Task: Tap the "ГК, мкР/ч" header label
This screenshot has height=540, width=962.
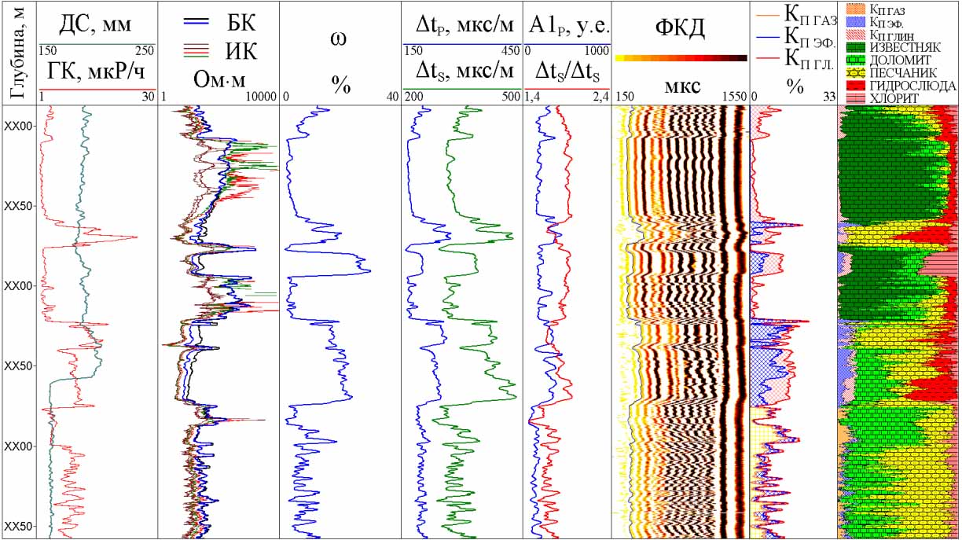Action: tap(97, 73)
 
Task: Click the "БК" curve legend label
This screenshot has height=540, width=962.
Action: tap(242, 18)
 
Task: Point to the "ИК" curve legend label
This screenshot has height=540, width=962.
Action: tap(242, 52)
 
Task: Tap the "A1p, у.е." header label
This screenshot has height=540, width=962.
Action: tap(568, 28)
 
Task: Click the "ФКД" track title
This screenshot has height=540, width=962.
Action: tap(681, 29)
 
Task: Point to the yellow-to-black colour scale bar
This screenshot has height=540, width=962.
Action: tap(681, 58)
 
